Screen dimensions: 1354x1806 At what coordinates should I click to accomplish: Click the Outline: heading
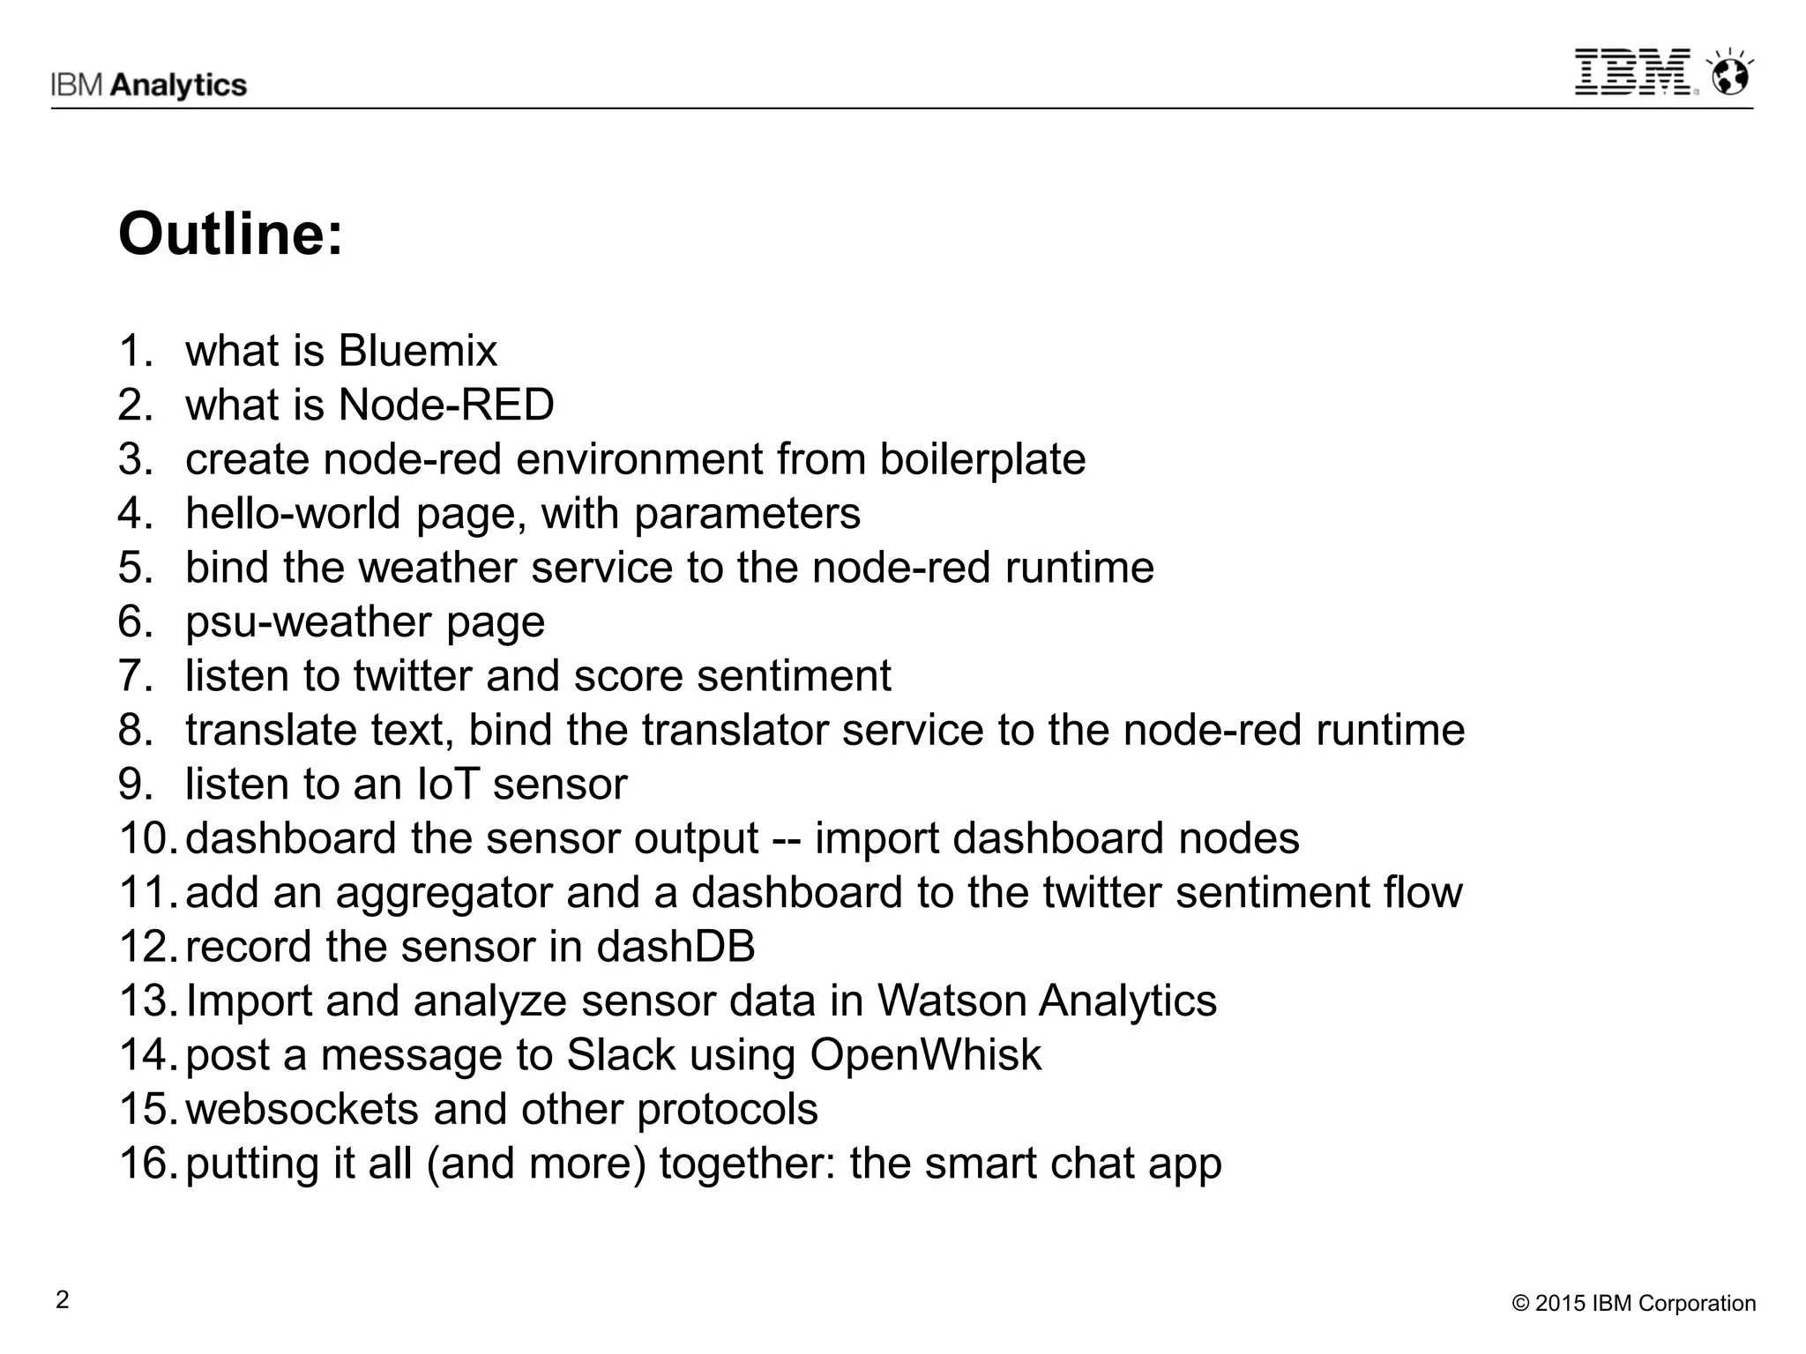(x=230, y=234)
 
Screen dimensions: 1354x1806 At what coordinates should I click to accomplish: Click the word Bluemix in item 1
(x=418, y=351)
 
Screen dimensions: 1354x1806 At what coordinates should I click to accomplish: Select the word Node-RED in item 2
(x=446, y=405)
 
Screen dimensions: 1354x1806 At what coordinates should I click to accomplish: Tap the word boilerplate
(x=982, y=459)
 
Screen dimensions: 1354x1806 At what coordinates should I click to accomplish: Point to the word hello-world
(x=293, y=513)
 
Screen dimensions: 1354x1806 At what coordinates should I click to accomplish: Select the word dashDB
(x=675, y=947)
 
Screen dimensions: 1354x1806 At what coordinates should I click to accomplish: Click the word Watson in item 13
(x=951, y=1001)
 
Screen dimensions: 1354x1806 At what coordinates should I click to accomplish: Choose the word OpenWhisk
(x=925, y=1055)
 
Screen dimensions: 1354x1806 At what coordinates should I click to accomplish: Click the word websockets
(x=302, y=1109)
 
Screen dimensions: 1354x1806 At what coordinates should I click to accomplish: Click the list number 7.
(x=134, y=676)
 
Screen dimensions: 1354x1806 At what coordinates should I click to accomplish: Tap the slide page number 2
(x=62, y=1300)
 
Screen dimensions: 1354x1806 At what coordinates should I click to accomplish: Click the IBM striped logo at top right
(x=1632, y=72)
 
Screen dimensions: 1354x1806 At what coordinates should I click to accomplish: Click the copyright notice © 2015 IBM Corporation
(x=1634, y=1304)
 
